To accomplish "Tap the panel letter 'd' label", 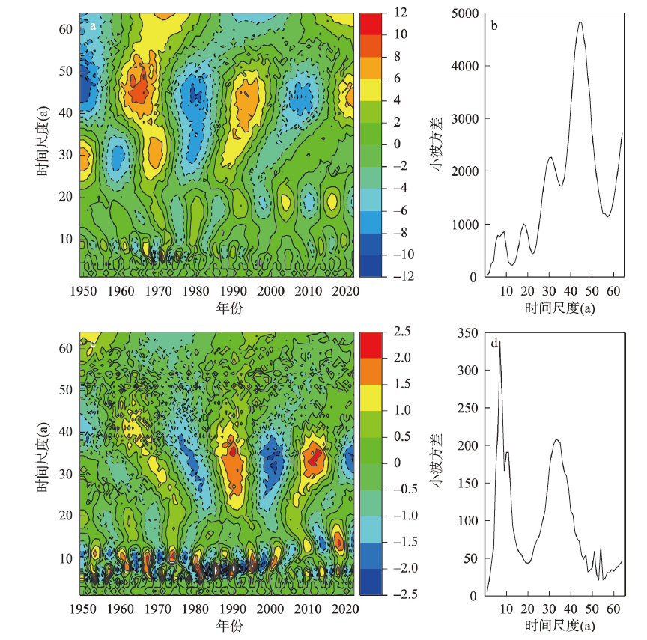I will pyautogui.click(x=495, y=344).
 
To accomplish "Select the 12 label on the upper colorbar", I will pyautogui.click(x=399, y=13).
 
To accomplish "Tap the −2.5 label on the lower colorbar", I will pyautogui.click(x=402, y=595).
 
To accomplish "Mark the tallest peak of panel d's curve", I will pyautogui.click(x=499, y=341).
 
